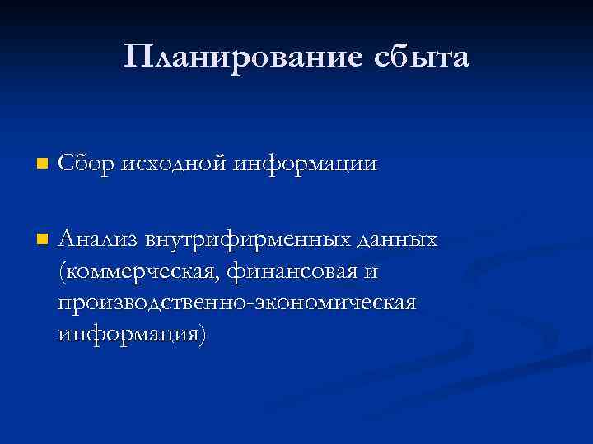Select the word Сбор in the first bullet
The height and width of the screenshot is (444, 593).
coord(87,164)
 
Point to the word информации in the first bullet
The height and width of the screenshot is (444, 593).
coord(305,164)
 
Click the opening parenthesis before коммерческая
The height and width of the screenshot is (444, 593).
coord(63,271)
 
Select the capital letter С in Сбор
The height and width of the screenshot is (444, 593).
coord(66,164)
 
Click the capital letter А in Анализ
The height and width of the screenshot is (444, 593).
coord(67,239)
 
